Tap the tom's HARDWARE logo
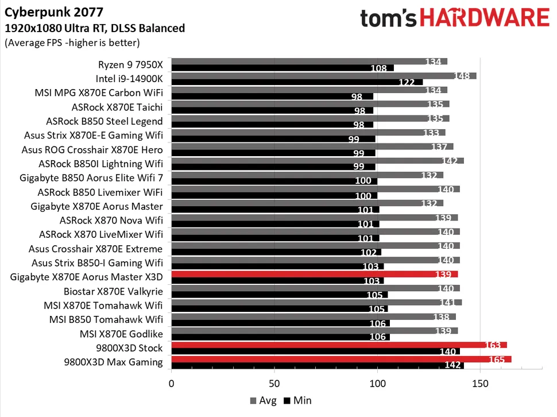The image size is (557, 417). pyautogui.click(x=454, y=18)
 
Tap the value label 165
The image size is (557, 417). pyautogui.click(x=496, y=360)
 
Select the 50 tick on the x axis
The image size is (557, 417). pyautogui.click(x=274, y=383)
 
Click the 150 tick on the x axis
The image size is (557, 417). pyautogui.click(x=481, y=383)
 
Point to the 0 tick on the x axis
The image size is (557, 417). pyautogui.click(x=171, y=383)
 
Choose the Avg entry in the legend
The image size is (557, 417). pyautogui.click(x=262, y=400)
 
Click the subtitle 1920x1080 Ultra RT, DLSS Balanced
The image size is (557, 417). pyautogui.click(x=95, y=28)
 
